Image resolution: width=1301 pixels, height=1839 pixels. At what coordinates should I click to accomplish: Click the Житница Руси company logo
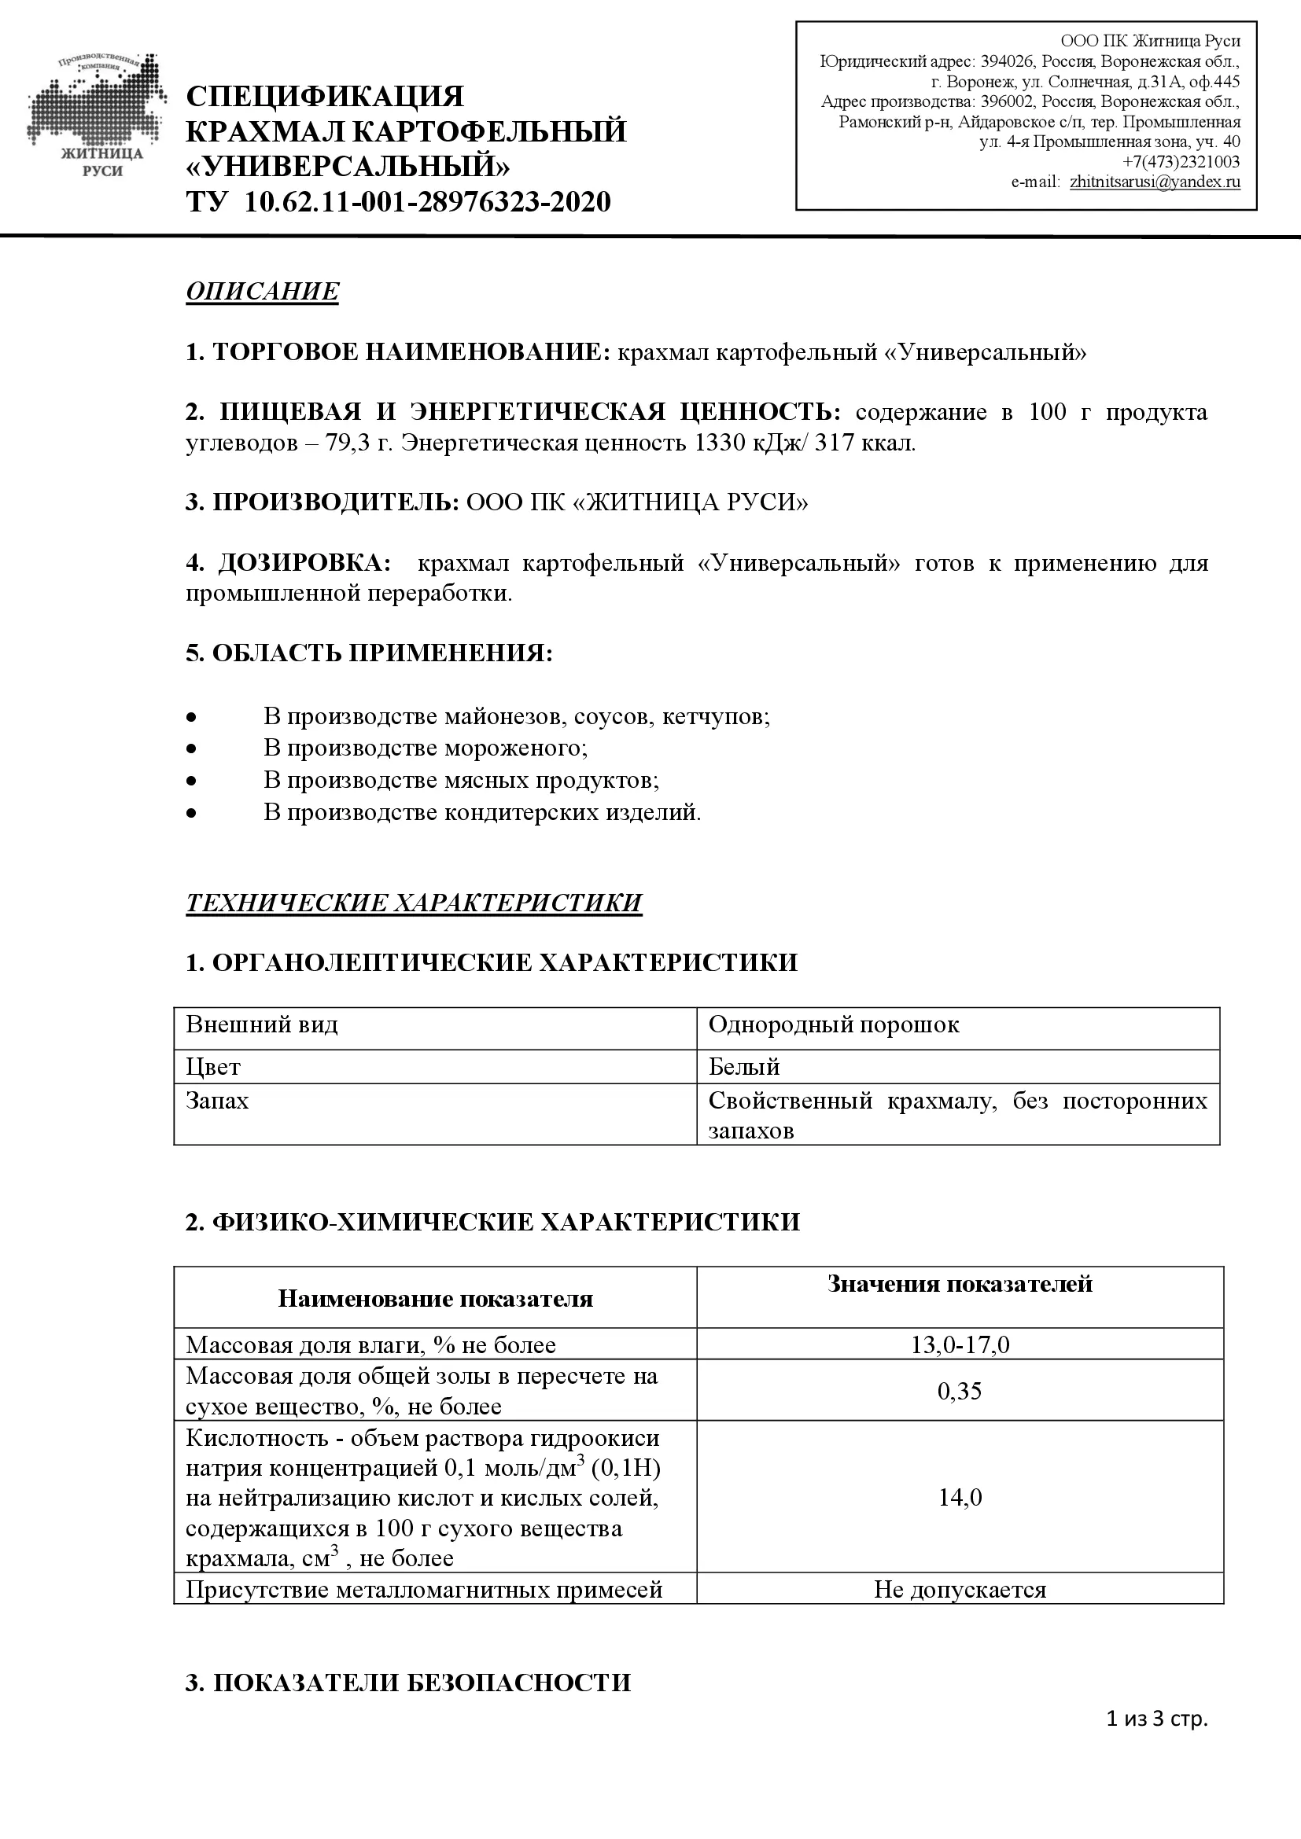coord(96,116)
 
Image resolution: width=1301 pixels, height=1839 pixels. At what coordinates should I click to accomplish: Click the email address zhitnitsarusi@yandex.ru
coord(1155,182)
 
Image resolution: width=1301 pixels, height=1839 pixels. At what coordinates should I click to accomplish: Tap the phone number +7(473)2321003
coord(1181,162)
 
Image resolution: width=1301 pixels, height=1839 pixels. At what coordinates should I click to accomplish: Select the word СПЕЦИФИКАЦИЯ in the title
coord(324,97)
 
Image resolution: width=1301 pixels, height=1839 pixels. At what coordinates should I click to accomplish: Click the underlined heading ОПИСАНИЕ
coord(262,291)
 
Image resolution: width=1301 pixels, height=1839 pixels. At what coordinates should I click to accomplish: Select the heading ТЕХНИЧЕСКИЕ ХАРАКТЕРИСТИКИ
coord(414,903)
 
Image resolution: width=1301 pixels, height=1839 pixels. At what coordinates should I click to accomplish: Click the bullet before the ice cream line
coord(190,748)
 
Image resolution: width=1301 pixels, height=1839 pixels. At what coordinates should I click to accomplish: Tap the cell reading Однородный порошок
coord(833,1025)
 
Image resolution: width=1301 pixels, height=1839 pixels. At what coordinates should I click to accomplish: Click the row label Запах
coord(217,1102)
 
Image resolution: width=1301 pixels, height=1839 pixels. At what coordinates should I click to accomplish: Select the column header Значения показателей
coord(959,1284)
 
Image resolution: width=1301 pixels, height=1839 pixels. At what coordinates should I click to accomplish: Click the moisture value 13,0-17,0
coord(959,1344)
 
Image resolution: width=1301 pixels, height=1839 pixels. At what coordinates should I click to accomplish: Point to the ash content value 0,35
coord(959,1392)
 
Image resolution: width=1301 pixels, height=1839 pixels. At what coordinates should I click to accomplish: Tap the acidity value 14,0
coord(959,1498)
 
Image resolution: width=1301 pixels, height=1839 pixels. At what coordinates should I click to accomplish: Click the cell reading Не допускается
coord(959,1589)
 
